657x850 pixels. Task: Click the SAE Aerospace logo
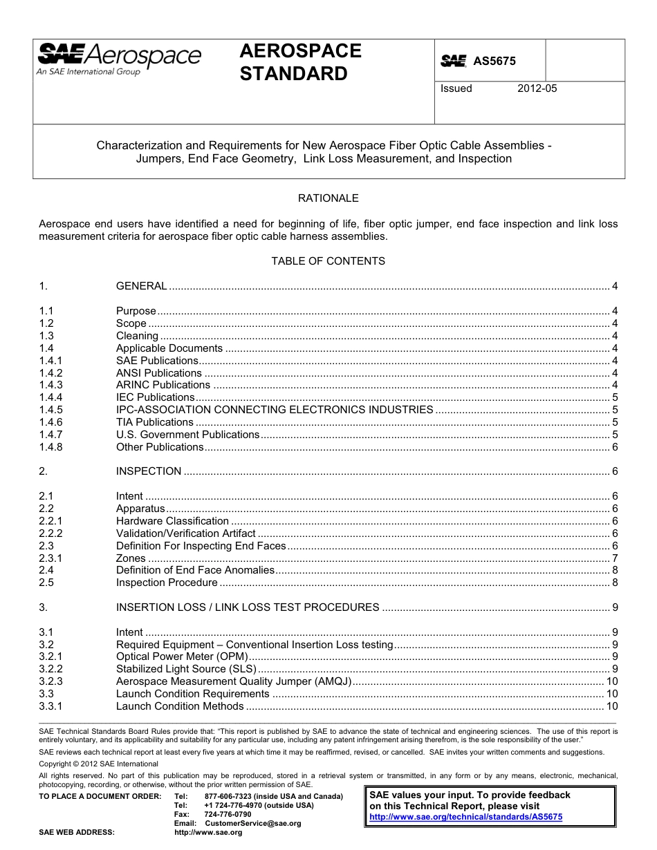118,59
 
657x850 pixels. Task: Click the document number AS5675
494,62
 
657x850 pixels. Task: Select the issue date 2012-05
537,88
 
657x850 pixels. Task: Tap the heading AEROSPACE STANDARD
300,62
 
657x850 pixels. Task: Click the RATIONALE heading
328,198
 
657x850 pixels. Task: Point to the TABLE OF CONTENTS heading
328,261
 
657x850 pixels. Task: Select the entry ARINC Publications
163,385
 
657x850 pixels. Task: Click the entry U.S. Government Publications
187,435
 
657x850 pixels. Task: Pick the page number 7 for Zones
615,558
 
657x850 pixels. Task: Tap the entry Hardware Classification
172,521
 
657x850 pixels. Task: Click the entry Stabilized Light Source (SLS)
186,669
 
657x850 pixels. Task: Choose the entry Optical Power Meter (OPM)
181,657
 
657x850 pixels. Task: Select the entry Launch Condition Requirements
192,694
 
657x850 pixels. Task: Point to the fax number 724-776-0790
228,815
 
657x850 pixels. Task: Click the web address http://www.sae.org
208,833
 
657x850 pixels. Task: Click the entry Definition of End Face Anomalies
195,570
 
